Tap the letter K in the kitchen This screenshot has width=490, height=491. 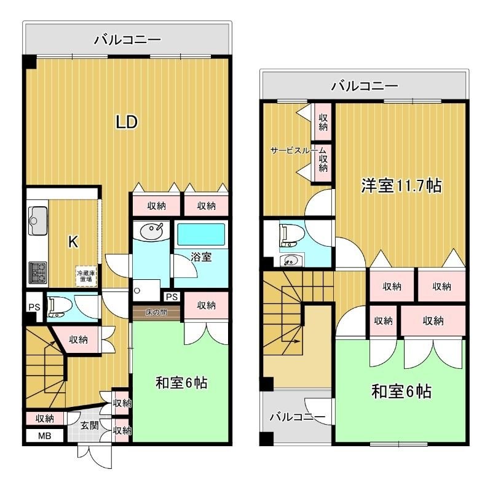tap(73, 242)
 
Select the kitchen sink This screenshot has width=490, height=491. tap(37, 217)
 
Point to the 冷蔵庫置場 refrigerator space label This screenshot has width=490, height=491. tap(85, 276)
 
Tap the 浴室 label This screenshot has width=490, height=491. tap(200, 257)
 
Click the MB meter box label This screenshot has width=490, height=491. tap(45, 436)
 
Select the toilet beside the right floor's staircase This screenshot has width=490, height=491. tap(287, 236)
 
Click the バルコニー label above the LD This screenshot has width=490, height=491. tap(127, 41)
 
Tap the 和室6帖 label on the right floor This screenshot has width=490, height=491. tap(400, 391)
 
